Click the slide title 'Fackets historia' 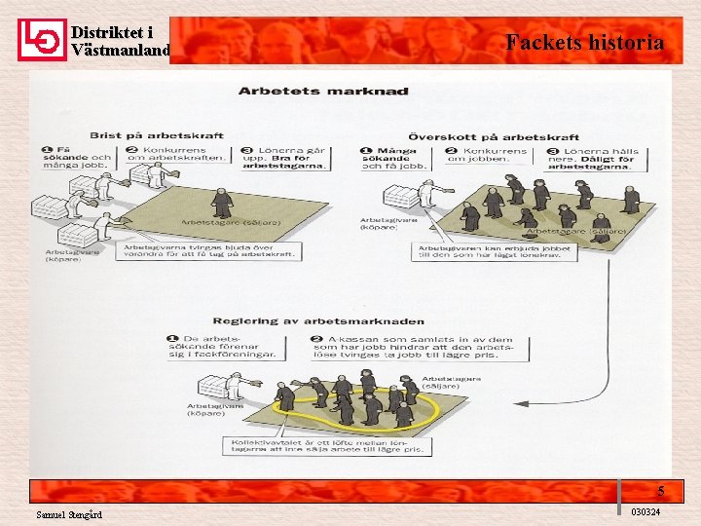[584, 42]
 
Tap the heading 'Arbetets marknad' [323, 92]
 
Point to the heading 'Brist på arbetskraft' [157, 135]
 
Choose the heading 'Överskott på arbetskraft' [494, 136]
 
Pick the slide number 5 [661, 491]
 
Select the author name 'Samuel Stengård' [69, 514]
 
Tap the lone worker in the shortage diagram [223, 203]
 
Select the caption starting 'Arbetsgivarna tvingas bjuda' [210, 249]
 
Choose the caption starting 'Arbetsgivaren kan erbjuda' [496, 250]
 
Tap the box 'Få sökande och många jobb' [77, 157]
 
